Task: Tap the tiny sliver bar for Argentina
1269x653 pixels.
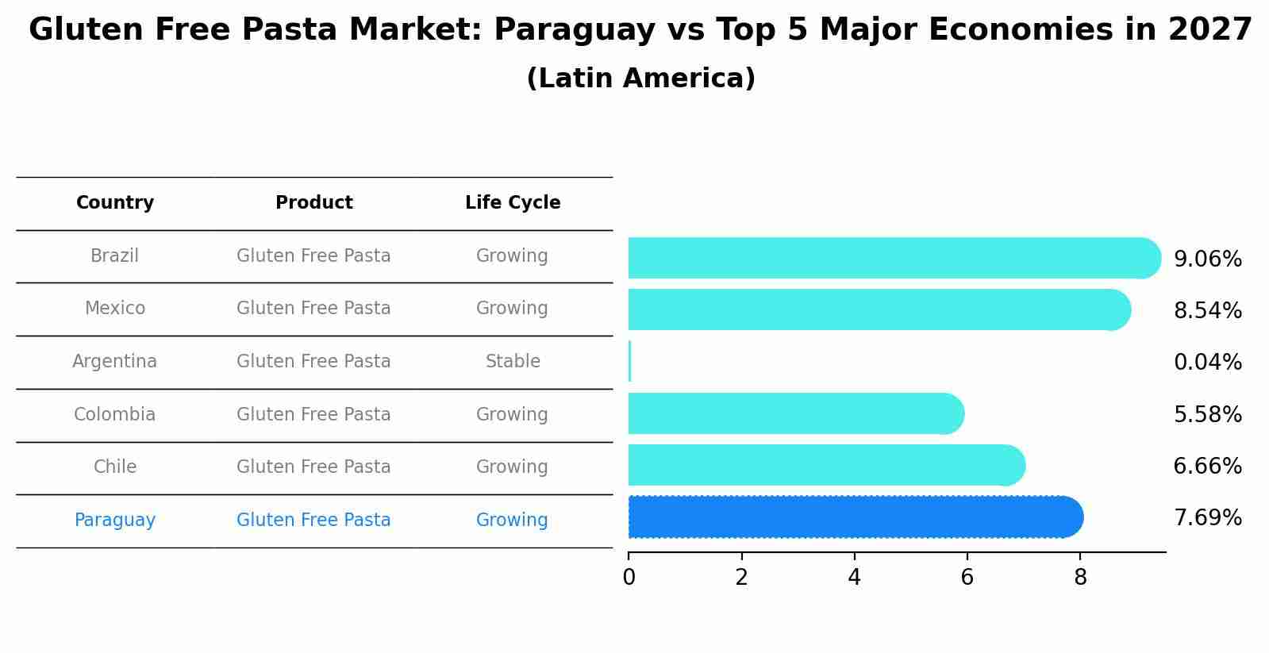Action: click(629, 362)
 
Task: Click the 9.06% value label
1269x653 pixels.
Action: click(1207, 259)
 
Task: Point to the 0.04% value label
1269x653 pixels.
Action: click(1207, 363)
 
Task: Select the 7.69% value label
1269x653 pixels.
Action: click(1207, 518)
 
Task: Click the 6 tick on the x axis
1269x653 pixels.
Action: click(967, 578)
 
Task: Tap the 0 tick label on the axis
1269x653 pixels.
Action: click(629, 578)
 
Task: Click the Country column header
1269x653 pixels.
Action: click(115, 203)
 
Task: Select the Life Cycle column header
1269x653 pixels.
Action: click(513, 203)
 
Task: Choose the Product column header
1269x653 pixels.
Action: click(313, 203)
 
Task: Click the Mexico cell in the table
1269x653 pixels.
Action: click(115, 309)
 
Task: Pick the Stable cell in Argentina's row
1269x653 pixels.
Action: click(513, 362)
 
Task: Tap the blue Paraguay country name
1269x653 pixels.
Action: click(115, 520)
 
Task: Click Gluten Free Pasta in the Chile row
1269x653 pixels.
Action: click(313, 467)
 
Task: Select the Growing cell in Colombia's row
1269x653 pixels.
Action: click(512, 415)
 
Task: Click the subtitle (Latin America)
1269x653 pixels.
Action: click(640, 79)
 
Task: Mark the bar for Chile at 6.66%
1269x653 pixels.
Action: click(825, 465)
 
